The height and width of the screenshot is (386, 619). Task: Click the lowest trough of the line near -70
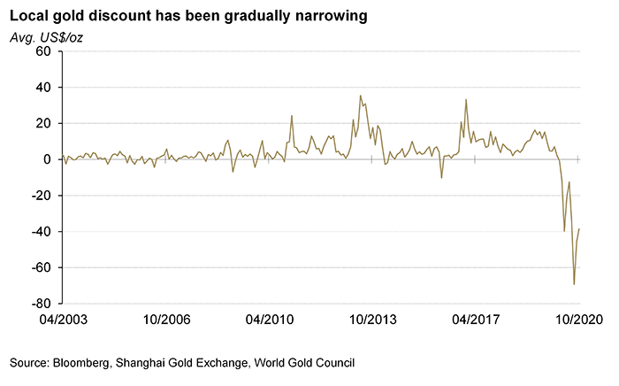pos(574,284)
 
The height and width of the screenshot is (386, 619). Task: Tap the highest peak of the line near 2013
pos(360,96)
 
